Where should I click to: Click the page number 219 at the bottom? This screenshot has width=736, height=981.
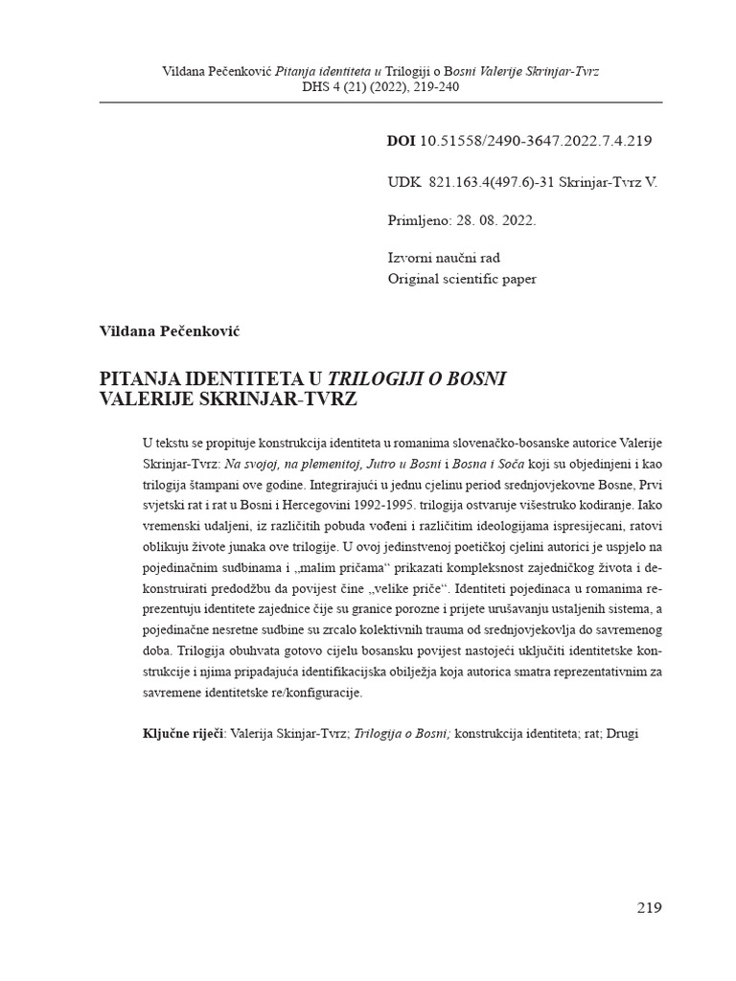[x=649, y=908]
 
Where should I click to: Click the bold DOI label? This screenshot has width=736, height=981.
[x=401, y=141]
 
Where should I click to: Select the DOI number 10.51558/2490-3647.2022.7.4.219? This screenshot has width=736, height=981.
[x=536, y=141]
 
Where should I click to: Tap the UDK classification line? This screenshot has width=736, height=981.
[x=522, y=181]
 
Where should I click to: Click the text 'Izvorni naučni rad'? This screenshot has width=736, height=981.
[x=444, y=259]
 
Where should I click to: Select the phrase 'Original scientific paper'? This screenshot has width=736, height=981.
[x=462, y=279]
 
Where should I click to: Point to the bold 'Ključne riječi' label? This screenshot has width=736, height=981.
[x=182, y=733]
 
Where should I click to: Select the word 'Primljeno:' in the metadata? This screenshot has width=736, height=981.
[x=419, y=220]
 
